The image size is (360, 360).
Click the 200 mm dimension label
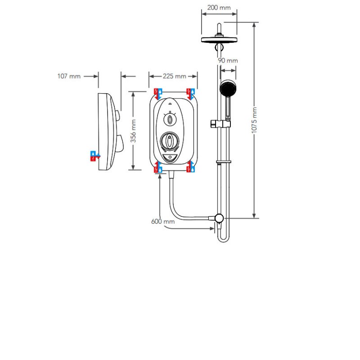219,8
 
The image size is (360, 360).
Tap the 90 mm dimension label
228,61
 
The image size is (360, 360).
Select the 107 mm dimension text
69,76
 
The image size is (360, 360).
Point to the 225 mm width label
175,76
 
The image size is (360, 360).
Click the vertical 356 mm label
133,131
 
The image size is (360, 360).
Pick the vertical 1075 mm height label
254,120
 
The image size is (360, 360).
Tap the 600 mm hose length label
163,221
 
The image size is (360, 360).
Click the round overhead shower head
219,39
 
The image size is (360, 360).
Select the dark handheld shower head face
228,88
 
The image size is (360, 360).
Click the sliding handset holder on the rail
220,124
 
